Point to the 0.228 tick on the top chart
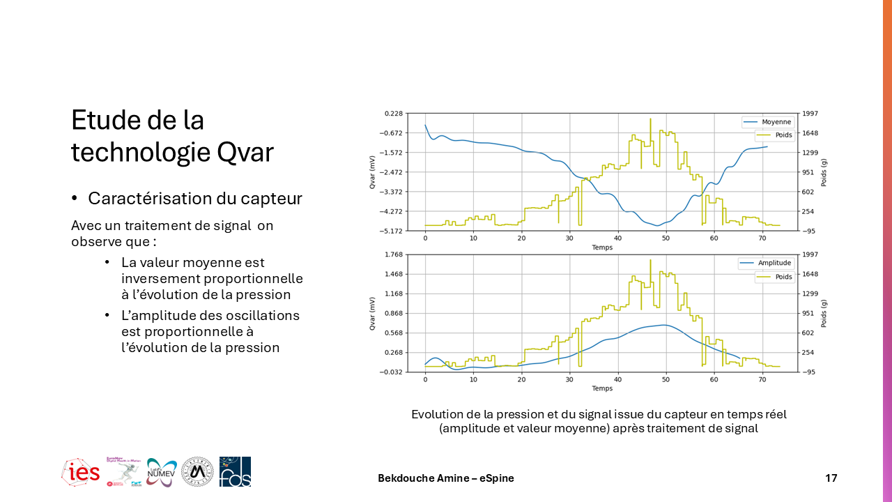pyautogui.click(x=394, y=114)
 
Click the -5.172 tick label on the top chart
pyautogui.click(x=393, y=231)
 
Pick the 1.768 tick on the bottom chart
pyautogui.click(x=394, y=254)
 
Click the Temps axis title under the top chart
pyautogui.click(x=602, y=248)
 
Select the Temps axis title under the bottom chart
pyautogui.click(x=602, y=388)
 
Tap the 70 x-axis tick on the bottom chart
pyautogui.click(x=762, y=380)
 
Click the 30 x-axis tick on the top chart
pyautogui.click(x=569, y=239)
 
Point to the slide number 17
pyautogui.click(x=831, y=478)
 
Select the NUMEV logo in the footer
pyautogui.click(x=162, y=473)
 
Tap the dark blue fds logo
pyautogui.click(x=235, y=472)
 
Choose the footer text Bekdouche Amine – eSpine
pyautogui.click(x=446, y=478)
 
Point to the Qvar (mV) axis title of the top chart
pyautogui.click(x=373, y=172)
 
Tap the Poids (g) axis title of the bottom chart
pyautogui.click(x=824, y=313)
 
